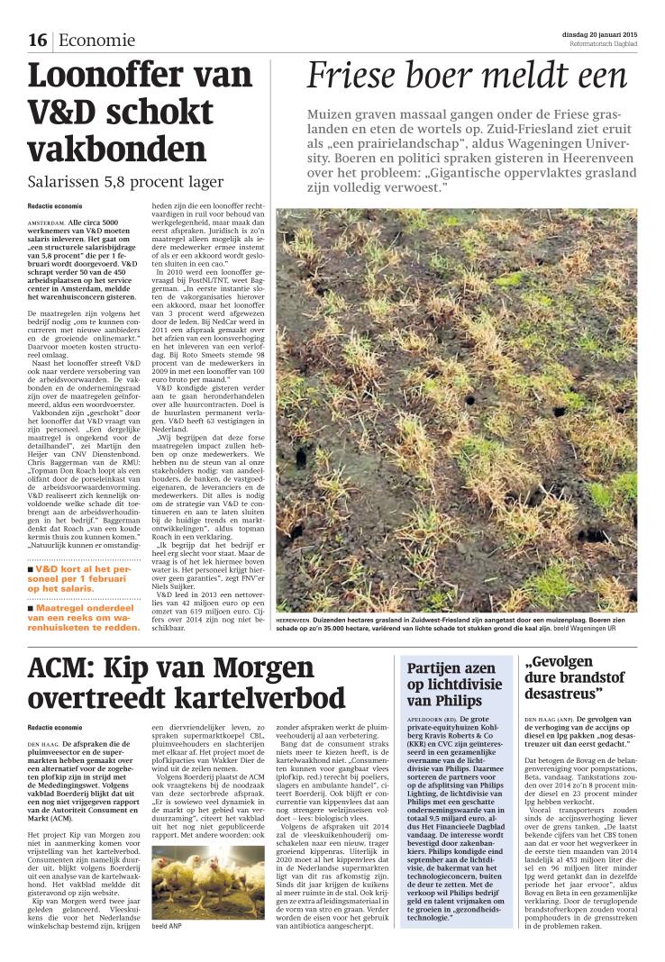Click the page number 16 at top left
(x=37, y=40)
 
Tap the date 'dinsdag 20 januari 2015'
(x=593, y=34)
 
